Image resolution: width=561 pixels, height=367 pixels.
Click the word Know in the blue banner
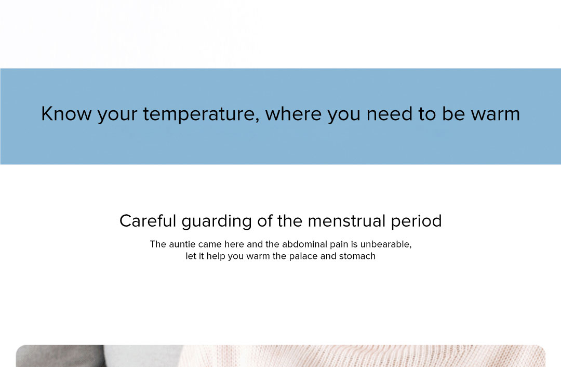click(x=66, y=114)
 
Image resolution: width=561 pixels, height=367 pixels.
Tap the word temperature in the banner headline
click(x=201, y=114)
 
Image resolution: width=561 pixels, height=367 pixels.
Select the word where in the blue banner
click(x=293, y=114)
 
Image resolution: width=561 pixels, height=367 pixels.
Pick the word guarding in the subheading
click(x=217, y=221)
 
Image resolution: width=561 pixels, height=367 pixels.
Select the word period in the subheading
click(x=416, y=221)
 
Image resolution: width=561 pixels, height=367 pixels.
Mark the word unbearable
click(x=385, y=244)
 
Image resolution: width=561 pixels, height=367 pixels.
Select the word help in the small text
click(x=216, y=257)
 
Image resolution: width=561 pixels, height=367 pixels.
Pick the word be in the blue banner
click(x=453, y=114)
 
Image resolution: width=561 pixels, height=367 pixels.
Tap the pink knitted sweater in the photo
click(x=362, y=356)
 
